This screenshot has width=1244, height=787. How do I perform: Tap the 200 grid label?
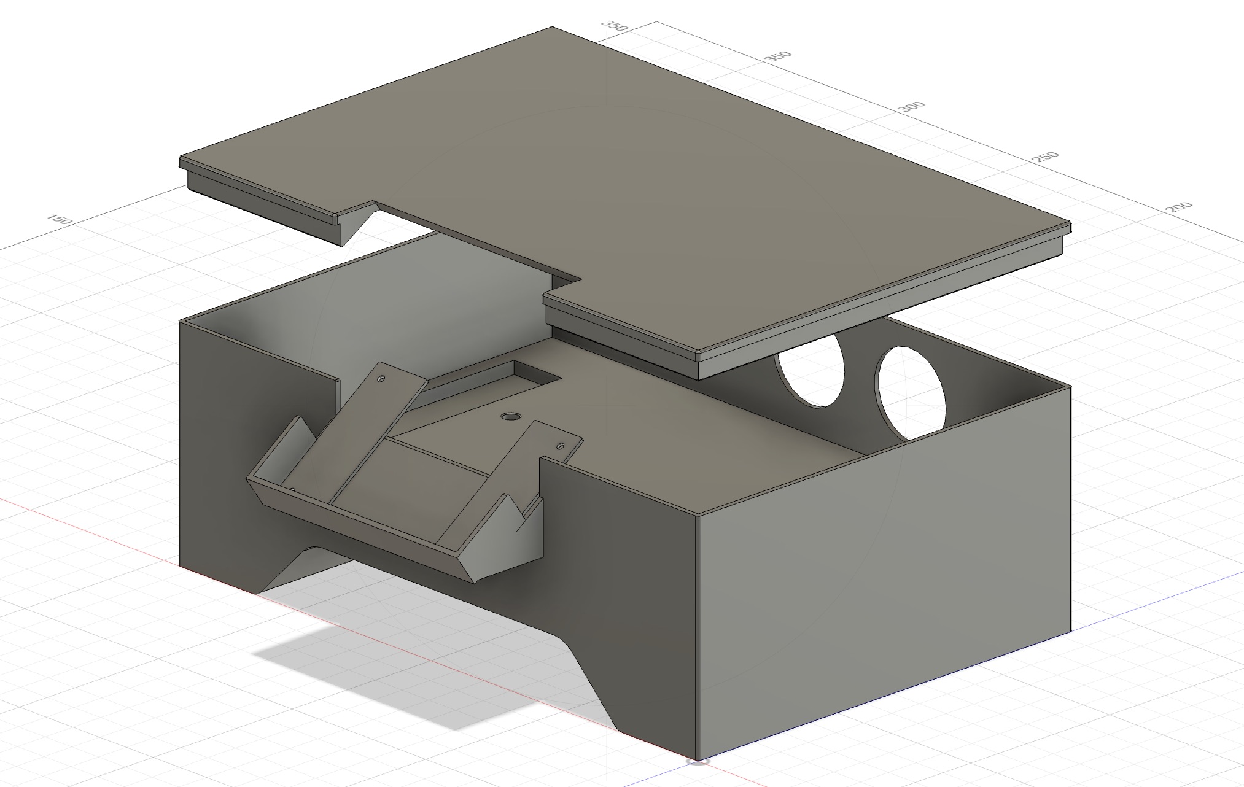coord(1178,207)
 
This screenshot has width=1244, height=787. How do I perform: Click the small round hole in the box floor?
coord(509,417)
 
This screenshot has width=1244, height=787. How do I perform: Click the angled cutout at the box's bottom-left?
coord(289,568)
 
